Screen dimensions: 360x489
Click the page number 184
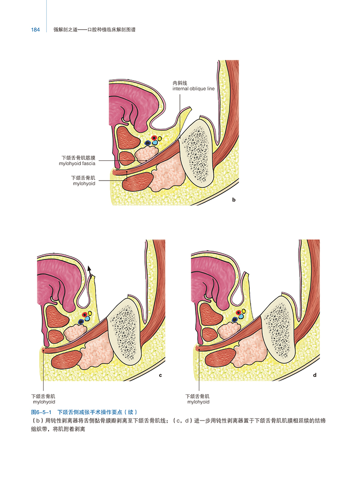[36, 30]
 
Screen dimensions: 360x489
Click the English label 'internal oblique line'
[193, 89]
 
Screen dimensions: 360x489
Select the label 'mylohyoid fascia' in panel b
[77, 163]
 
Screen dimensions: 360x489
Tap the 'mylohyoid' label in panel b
[84, 184]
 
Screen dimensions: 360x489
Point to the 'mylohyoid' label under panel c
[44, 402]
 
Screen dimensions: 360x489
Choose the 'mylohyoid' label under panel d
[198, 402]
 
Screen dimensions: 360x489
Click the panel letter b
[234, 200]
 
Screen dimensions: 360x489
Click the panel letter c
[161, 375]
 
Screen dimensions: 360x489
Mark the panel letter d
[315, 375]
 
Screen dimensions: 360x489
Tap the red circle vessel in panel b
[154, 138]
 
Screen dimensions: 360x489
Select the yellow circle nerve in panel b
[160, 139]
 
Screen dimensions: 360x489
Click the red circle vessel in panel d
[238, 312]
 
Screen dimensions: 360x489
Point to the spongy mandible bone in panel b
[198, 152]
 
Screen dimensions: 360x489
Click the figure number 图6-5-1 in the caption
[41, 412]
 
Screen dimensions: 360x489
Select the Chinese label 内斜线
[180, 83]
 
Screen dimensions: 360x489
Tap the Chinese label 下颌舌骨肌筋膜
[78, 158]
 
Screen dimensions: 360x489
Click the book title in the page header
[94, 30]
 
